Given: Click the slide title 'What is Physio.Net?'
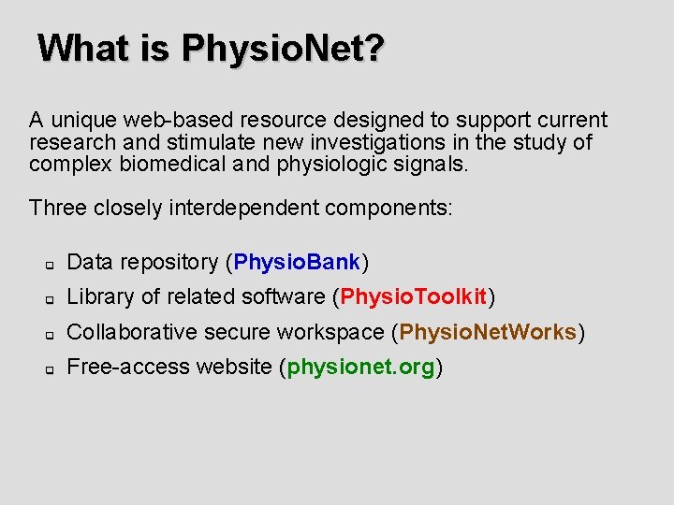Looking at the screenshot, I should pyautogui.click(x=211, y=48).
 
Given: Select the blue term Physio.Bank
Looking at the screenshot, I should pyautogui.click(x=297, y=262).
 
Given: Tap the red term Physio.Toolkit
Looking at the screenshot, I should pyautogui.click(x=414, y=297).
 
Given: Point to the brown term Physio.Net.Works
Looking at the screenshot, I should pyautogui.click(x=488, y=332).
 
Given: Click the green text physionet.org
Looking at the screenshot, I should pyautogui.click(x=360, y=367).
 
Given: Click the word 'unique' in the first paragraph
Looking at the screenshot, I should pyautogui.click(x=82, y=121).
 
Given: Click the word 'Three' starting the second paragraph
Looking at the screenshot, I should pyautogui.click(x=54, y=208).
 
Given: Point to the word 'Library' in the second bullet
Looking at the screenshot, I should pyautogui.click(x=99, y=297).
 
